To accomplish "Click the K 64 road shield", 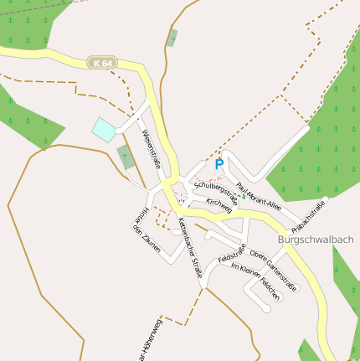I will pyautogui.click(x=103, y=63).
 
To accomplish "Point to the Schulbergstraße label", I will pyautogui.click(x=216, y=192).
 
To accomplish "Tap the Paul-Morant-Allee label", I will pyautogui.click(x=259, y=198).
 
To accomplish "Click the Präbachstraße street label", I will pyautogui.click(x=309, y=215).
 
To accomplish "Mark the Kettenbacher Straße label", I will pyautogui.click(x=190, y=248).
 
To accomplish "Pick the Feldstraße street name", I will pyautogui.click(x=232, y=252).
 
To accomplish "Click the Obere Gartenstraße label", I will pyautogui.click(x=273, y=266).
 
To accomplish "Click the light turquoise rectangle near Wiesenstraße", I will pyautogui.click(x=104, y=129).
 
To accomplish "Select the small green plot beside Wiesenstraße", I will pyautogui.click(x=126, y=157).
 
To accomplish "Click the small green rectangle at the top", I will pyautogui.click(x=172, y=38).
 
